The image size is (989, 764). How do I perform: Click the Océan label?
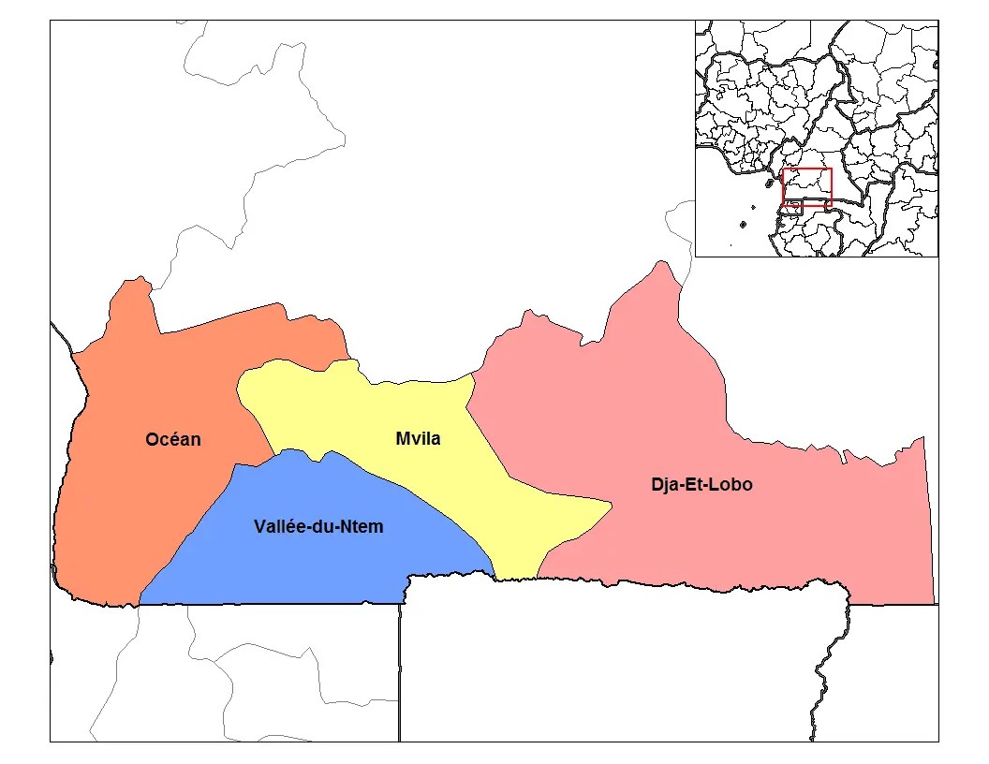coord(172,439)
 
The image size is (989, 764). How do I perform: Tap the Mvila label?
coord(418,438)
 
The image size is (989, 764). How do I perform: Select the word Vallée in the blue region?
coord(280,527)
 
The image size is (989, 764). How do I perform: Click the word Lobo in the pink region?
coord(731,485)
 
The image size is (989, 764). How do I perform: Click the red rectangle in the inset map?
coord(806,186)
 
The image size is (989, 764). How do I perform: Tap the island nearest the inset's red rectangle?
coord(743,225)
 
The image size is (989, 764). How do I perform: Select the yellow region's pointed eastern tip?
coord(610,507)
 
